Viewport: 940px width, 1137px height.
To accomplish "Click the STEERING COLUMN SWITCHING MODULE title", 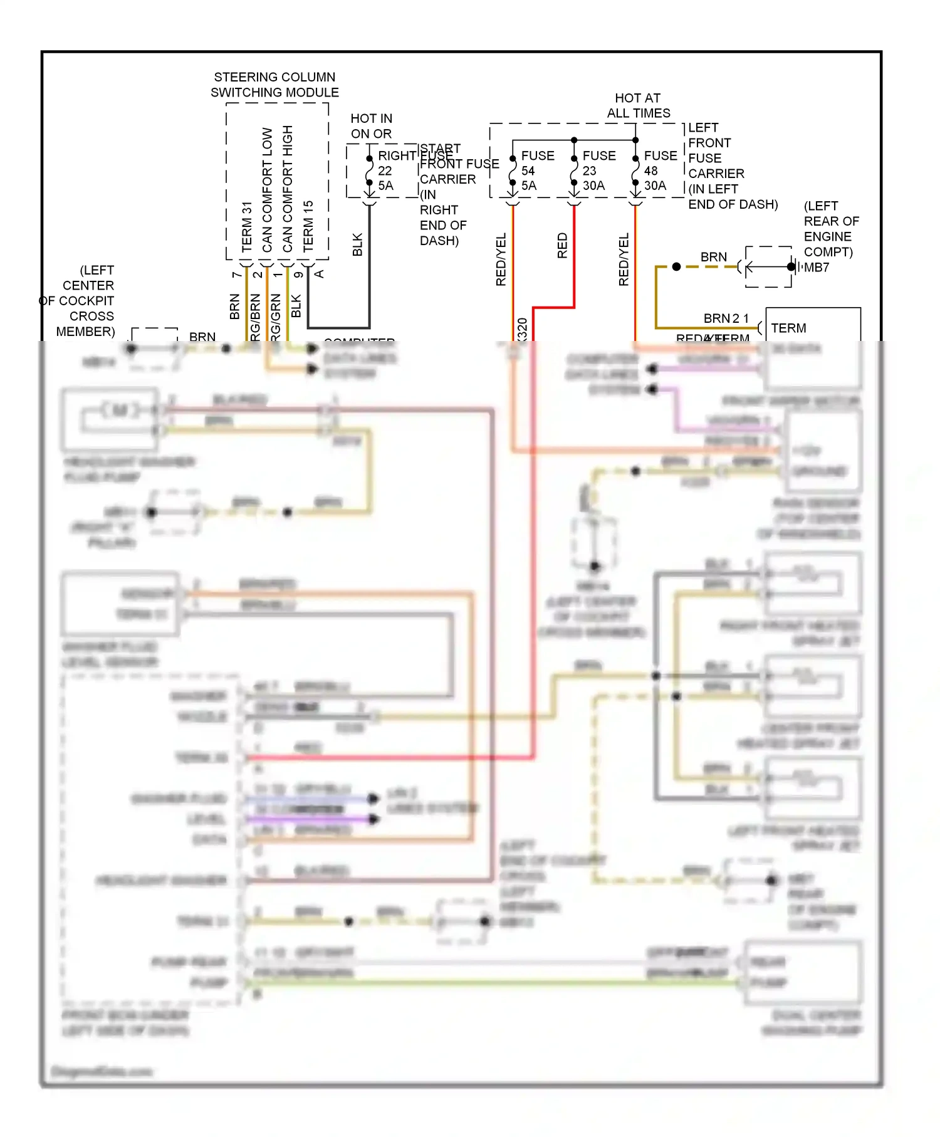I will (x=274, y=85).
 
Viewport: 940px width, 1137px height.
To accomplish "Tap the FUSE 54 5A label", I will (x=536, y=170).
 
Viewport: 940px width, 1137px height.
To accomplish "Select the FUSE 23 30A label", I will (x=598, y=170).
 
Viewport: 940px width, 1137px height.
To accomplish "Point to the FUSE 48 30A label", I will (x=659, y=170).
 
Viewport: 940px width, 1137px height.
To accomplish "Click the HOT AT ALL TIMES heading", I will (x=638, y=105).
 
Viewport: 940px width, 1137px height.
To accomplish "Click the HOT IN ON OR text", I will (x=371, y=126).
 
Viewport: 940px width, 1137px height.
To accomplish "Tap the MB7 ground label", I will (x=817, y=268).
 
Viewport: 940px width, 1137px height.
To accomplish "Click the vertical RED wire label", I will (x=562, y=245).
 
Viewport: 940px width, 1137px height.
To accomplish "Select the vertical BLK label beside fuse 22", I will (x=357, y=244).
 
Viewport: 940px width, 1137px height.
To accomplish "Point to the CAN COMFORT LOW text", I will (x=268, y=190).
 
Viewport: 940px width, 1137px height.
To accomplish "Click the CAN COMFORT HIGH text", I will (x=288, y=189).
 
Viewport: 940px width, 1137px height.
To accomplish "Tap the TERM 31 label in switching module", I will (x=247, y=226).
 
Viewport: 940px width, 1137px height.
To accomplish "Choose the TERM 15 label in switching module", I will (x=308, y=226).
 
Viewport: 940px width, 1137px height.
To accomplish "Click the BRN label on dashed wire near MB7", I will (x=713, y=257).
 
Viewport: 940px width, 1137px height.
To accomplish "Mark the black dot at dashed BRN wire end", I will (x=676, y=267).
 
